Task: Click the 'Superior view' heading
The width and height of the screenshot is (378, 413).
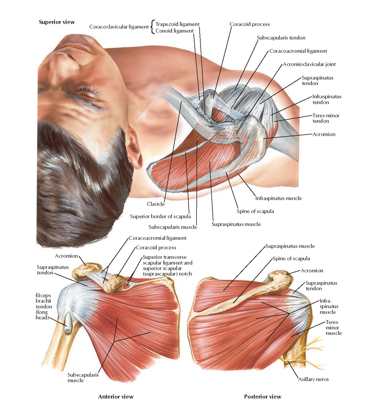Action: pyautogui.click(x=56, y=22)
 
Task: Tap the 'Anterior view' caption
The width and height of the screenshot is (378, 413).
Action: pyautogui.click(x=116, y=397)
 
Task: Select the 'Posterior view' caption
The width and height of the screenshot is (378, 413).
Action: pyautogui.click(x=262, y=397)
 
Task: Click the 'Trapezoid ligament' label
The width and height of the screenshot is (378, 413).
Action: pyautogui.click(x=177, y=24)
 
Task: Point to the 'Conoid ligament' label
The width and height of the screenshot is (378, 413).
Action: pyautogui.click(x=174, y=31)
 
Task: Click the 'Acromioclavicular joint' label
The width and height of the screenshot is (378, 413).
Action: pyautogui.click(x=309, y=64)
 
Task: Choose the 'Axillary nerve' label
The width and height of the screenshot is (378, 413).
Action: pyautogui.click(x=313, y=379)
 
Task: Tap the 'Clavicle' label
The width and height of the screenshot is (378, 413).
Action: pyautogui.click(x=156, y=204)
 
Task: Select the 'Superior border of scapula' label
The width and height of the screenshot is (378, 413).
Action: pyautogui.click(x=160, y=216)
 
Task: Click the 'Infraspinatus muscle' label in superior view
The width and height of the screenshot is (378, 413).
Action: pyautogui.click(x=278, y=198)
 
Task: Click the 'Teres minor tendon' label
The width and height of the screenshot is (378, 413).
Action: pyautogui.click(x=326, y=118)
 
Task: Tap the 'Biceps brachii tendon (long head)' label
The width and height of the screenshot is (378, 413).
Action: pyautogui.click(x=44, y=306)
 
